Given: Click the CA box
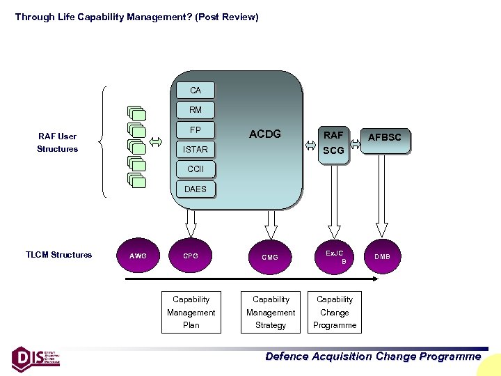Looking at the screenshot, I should tap(195, 90).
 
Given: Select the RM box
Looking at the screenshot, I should tap(195, 109).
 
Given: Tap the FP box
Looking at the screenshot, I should tap(195, 130).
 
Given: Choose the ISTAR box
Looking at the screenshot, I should tap(195, 149).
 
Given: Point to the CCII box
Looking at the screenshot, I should tap(195, 169).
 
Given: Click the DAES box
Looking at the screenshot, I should tap(195, 189).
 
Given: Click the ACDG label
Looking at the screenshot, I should tap(264, 134).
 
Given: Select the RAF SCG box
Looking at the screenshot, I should tap(333, 143).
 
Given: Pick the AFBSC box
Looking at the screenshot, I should tap(384, 137).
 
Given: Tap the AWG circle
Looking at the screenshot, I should tap(138, 256).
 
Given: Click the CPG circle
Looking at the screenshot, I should tap(191, 256).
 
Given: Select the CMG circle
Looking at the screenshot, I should tap(270, 257).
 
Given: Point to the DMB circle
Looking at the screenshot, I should tap(383, 256).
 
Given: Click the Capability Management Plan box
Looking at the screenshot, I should tap(191, 312).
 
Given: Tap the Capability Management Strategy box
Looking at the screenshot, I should tap(271, 312).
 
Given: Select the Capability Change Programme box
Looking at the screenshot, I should tap(335, 312).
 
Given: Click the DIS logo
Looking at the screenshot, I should tap(35, 357).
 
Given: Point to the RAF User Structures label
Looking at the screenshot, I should tap(57, 143).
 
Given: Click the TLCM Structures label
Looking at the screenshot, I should tap(58, 255).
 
